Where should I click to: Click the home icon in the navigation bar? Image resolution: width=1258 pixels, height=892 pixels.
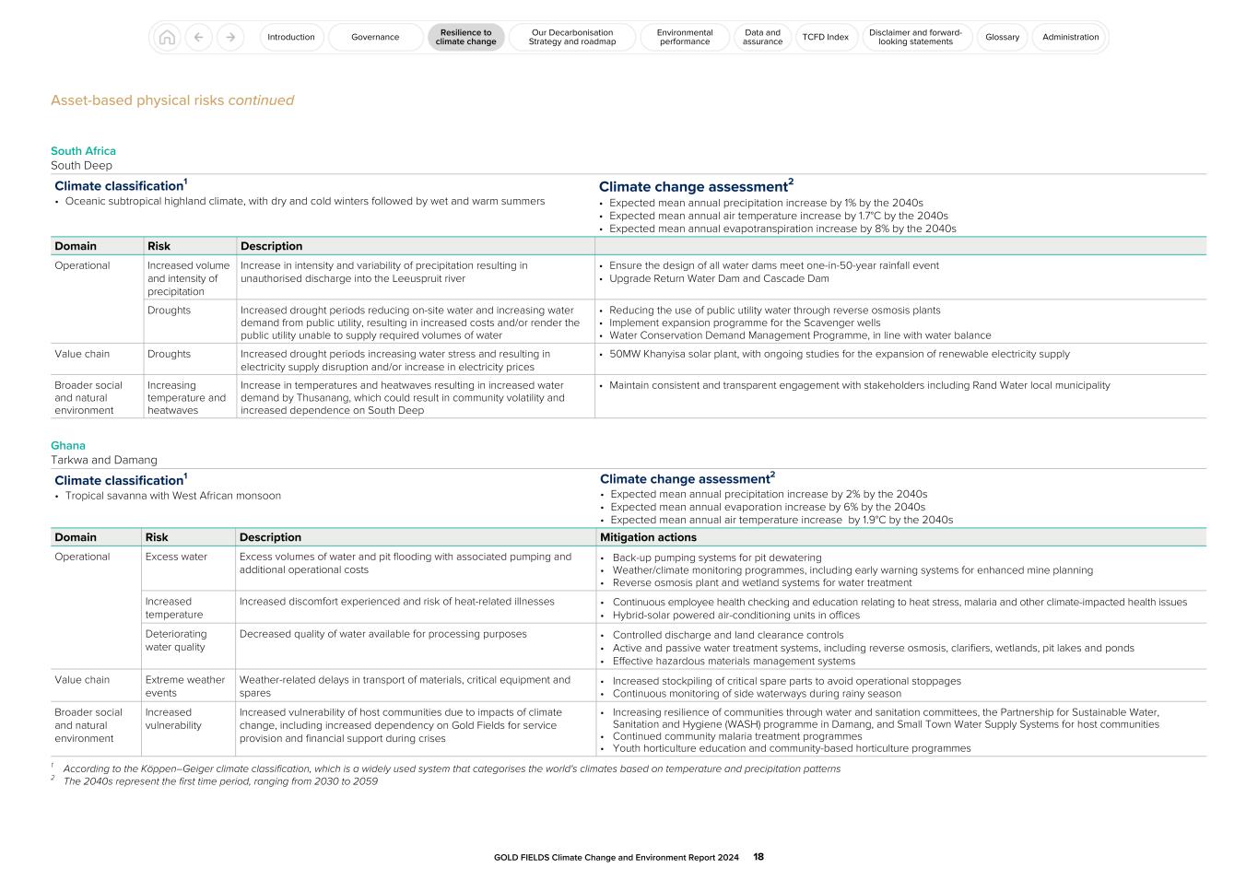[167, 38]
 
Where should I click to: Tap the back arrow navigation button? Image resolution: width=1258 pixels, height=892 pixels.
[199, 38]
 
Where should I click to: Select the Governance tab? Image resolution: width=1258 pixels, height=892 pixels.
[375, 38]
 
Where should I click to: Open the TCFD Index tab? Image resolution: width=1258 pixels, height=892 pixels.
[825, 38]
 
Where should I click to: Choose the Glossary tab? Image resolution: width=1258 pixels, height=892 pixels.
[1002, 38]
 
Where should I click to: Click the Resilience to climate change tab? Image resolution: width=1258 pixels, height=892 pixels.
[465, 38]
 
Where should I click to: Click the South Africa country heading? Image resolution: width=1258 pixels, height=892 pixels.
[83, 151]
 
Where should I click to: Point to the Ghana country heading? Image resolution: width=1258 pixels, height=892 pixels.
[68, 446]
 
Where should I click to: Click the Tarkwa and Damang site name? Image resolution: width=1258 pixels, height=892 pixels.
[104, 460]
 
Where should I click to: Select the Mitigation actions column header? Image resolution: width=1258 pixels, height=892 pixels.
[648, 537]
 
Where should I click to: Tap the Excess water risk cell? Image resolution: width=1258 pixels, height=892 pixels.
[176, 557]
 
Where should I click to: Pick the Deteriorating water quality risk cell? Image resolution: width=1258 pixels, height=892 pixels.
[176, 640]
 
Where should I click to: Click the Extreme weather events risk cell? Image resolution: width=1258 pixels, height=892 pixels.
[184, 687]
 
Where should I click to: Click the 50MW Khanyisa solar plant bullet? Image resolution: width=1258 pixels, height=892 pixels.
[839, 354]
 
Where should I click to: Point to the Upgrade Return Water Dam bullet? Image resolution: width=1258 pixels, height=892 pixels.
[719, 278]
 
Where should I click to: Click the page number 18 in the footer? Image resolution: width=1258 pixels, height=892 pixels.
[758, 857]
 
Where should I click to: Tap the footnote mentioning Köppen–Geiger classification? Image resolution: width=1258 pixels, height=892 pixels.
[452, 769]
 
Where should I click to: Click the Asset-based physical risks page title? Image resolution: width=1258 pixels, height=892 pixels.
[172, 100]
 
